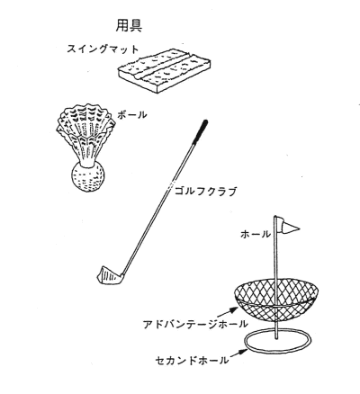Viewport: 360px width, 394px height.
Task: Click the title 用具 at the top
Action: [x=129, y=25]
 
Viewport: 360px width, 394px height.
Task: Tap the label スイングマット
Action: [x=103, y=49]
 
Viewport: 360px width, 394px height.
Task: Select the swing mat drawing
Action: [x=164, y=71]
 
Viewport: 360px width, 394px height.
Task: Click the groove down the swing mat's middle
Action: [x=164, y=67]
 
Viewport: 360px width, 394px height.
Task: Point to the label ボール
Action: [x=132, y=114]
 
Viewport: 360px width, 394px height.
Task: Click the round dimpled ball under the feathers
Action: [x=88, y=177]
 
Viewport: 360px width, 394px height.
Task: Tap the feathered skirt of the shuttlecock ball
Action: [x=85, y=132]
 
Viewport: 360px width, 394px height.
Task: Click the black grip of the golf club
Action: [x=201, y=131]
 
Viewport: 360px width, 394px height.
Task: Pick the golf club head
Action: [x=109, y=275]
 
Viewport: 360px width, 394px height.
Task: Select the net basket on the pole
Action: [x=275, y=299]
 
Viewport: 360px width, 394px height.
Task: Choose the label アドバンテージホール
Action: [x=195, y=324]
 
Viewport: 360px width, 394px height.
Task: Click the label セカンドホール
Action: [x=192, y=360]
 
